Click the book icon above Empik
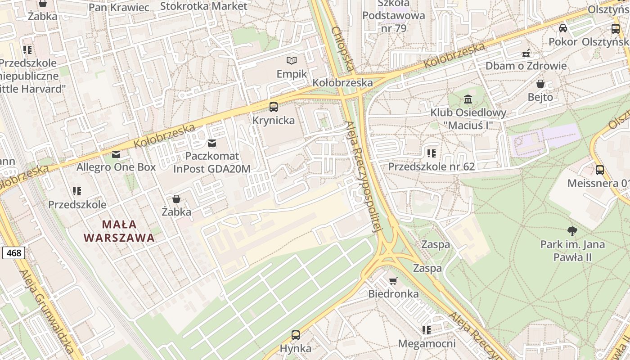click(x=292, y=60)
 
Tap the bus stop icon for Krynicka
click(x=273, y=107)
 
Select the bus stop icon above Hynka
click(x=295, y=335)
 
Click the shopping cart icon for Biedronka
click(x=393, y=281)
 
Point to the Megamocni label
click(x=427, y=344)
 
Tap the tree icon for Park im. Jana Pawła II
click(x=572, y=232)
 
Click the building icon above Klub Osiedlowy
click(x=468, y=99)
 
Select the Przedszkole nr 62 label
click(x=431, y=166)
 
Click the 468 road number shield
click(x=13, y=253)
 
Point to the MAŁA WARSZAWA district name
click(x=119, y=231)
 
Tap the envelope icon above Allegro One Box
click(x=116, y=154)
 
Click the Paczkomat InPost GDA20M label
click(x=211, y=162)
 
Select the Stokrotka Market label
click(x=203, y=6)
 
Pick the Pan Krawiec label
click(x=119, y=7)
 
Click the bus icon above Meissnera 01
click(x=599, y=170)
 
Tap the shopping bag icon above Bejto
click(x=540, y=84)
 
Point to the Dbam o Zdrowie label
click(x=526, y=66)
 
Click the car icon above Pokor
click(x=562, y=29)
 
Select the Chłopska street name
click(x=342, y=49)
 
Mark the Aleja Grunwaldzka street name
click(x=47, y=310)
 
